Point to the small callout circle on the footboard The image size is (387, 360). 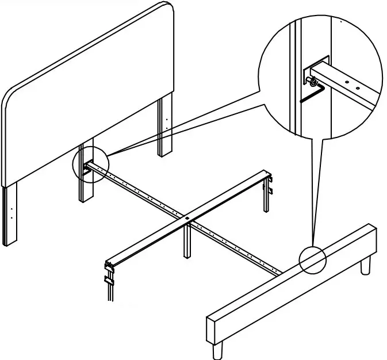point(312,260)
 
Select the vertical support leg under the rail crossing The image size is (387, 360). point(187,242)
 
